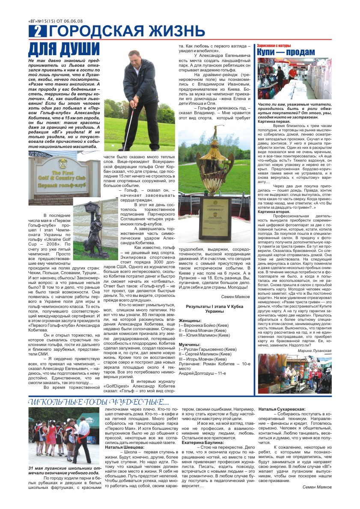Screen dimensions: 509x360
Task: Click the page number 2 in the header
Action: click(38, 31)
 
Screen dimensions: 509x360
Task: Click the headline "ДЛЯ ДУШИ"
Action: click(64, 49)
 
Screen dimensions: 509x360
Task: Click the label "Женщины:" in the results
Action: click(190, 333)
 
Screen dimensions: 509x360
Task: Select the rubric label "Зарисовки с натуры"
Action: click(274, 45)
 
